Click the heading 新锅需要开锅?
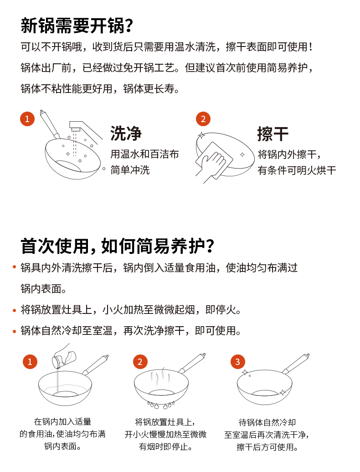77,26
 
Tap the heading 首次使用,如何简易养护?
118,246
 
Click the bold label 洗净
126,133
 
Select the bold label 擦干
273,134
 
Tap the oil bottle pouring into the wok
64,356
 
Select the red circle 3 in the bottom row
238,362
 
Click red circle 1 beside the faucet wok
27,118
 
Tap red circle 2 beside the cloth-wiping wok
203,118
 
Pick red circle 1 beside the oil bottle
30,362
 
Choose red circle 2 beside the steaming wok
140,362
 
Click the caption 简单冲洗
130,170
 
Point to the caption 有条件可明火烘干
297,170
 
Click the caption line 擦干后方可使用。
267,447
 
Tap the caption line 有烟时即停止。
165,446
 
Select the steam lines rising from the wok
161,375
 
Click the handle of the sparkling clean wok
297,364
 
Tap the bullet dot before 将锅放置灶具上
14,310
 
